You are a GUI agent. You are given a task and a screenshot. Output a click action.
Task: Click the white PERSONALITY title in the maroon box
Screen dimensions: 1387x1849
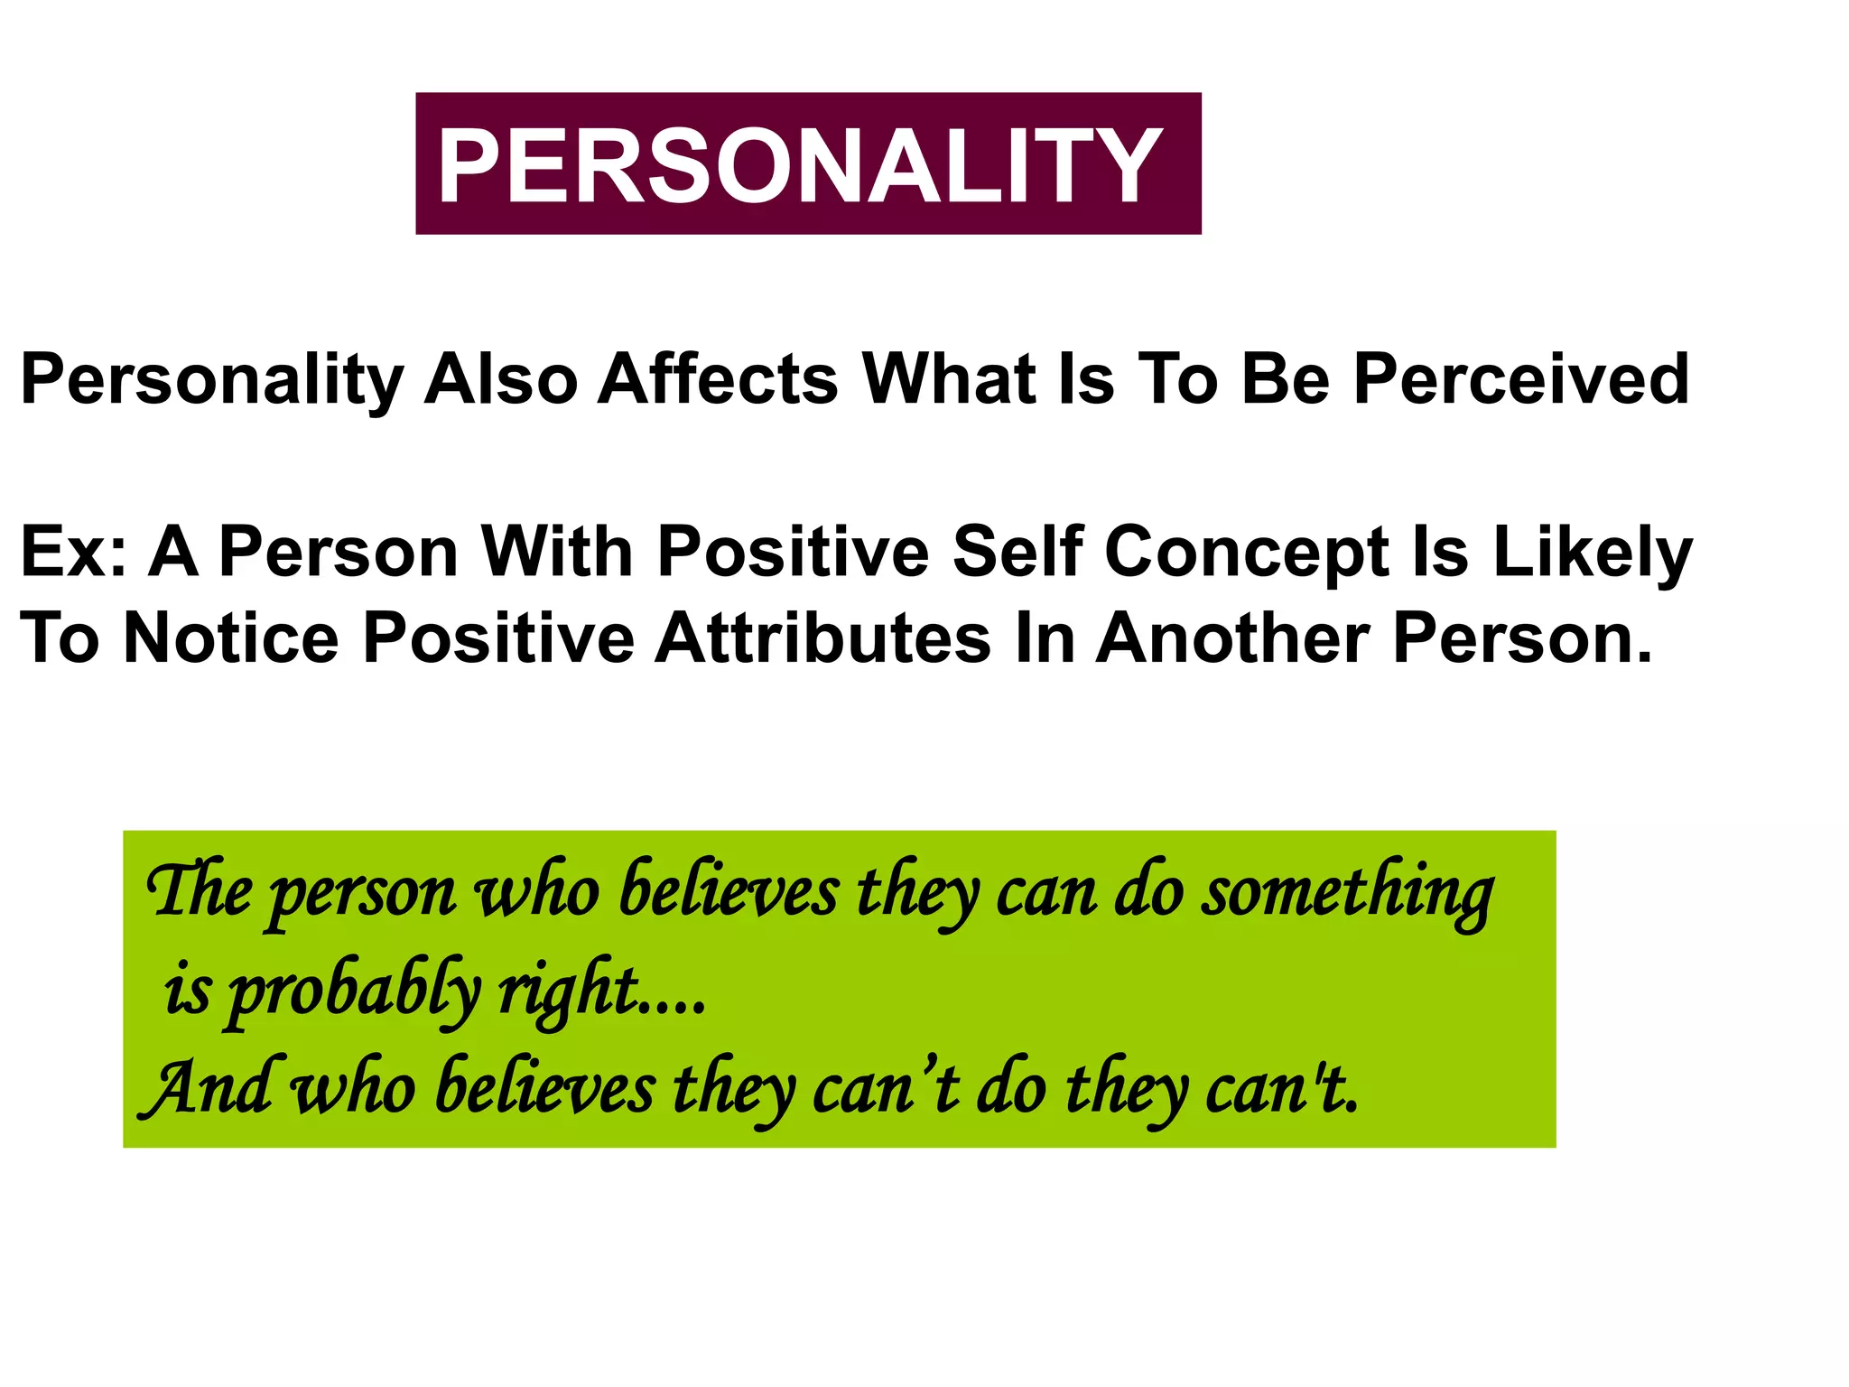pyautogui.click(x=800, y=165)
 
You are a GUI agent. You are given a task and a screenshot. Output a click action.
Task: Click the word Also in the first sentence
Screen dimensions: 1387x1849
pyautogui.click(x=501, y=379)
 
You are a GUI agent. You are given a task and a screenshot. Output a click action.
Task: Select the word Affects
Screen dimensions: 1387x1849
pyautogui.click(x=718, y=379)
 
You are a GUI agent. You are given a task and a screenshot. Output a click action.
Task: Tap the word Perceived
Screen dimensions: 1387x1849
pyautogui.click(x=1521, y=379)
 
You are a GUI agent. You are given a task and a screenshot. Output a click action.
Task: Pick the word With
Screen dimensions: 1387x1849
pyautogui.click(x=556, y=552)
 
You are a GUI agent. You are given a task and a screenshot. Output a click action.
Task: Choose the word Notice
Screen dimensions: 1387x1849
pyautogui.click(x=231, y=638)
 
